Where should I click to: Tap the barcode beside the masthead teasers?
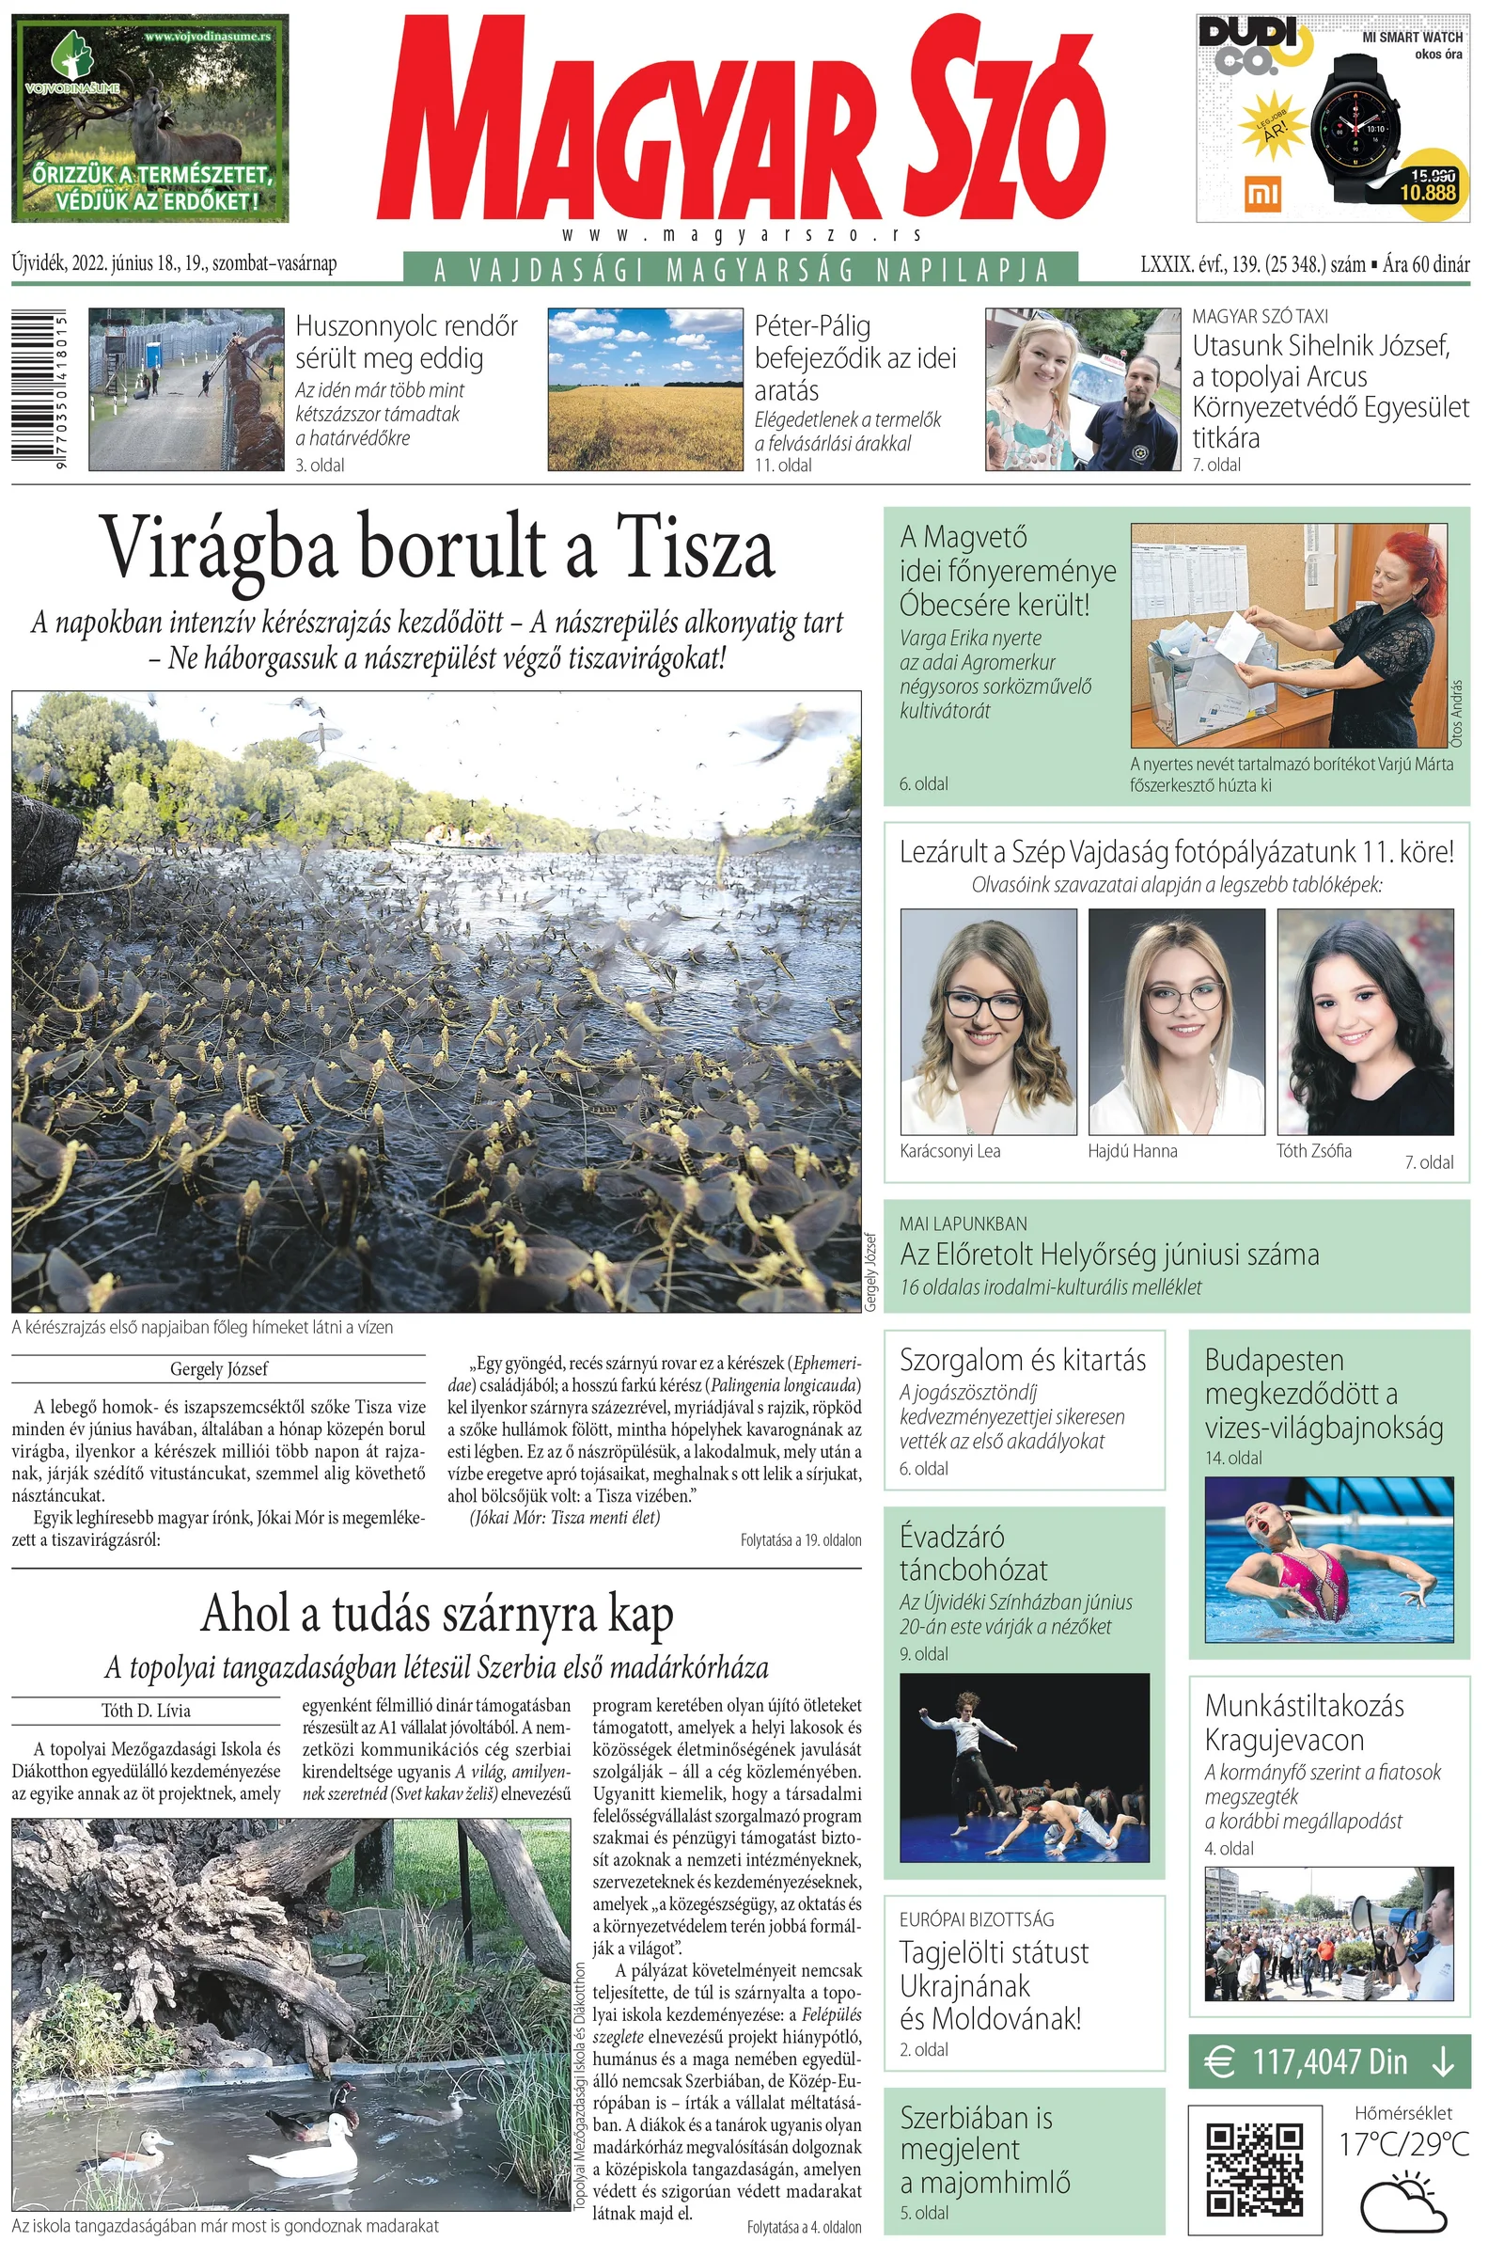tap(39, 388)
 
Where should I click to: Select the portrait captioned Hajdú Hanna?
tap(1176, 1020)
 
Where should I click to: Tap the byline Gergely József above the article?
tap(219, 1369)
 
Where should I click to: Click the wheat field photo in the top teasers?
tap(645, 388)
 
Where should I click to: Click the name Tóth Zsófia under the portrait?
tap(1313, 1151)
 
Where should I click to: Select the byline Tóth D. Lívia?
tap(146, 1711)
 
